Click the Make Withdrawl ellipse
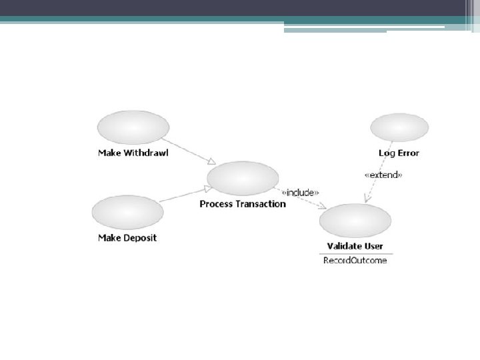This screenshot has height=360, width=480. pos(133,127)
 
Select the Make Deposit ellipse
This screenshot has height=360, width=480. pos(127,212)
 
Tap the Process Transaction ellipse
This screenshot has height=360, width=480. pos(243,179)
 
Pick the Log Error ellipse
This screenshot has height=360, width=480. pos(399,127)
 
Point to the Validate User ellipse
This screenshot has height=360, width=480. pos(355,221)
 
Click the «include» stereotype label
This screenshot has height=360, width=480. pos(300,193)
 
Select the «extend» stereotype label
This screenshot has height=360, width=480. pos(383,175)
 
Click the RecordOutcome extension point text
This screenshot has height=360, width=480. pos(355,260)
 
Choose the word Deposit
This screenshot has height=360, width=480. pos(141,237)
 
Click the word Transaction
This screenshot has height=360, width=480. pos(259,203)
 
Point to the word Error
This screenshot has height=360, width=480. pos(407,153)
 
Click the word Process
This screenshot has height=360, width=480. pos(215,203)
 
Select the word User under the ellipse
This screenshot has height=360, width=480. pos(373,246)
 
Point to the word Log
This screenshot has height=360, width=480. pos(387,153)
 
